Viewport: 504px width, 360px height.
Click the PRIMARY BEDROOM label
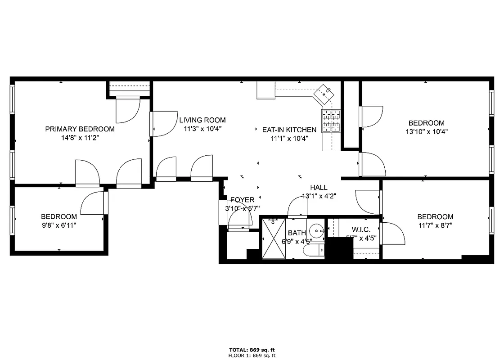tap(80, 129)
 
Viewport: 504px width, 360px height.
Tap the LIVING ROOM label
tap(202, 120)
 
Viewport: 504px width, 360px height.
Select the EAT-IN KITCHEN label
tap(289, 130)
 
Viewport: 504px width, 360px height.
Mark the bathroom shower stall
tap(273, 239)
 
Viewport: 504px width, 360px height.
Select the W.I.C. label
tap(361, 230)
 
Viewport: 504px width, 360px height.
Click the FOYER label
tap(242, 200)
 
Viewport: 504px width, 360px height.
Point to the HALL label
tap(319, 188)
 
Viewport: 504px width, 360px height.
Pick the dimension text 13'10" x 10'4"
tap(426, 132)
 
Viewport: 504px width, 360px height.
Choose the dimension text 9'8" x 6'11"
tap(58, 225)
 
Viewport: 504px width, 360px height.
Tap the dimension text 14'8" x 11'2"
tap(80, 138)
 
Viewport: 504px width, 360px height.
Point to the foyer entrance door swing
tap(240, 220)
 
